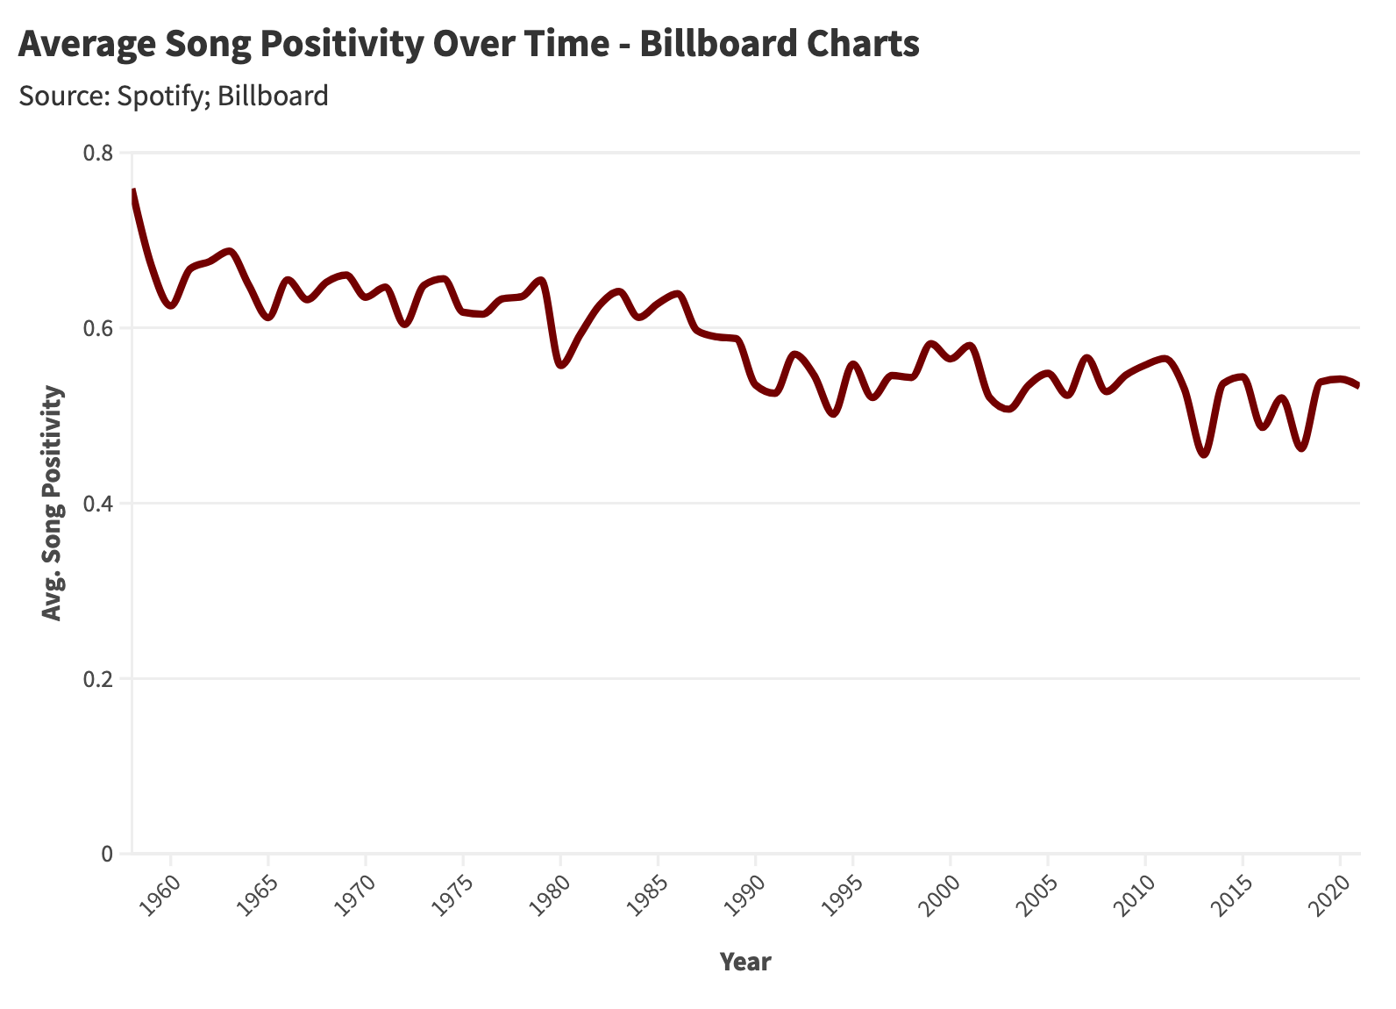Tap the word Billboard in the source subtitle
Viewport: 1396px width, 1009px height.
point(273,96)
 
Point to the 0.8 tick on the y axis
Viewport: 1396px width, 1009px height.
point(98,154)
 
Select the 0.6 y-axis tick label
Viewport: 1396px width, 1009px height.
point(98,329)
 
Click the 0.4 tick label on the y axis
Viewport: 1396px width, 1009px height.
point(98,504)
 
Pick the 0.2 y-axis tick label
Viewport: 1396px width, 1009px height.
point(98,679)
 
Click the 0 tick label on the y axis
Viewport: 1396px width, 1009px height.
point(108,854)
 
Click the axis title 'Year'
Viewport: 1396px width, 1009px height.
point(745,962)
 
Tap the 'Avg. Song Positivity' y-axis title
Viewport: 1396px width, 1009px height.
point(53,504)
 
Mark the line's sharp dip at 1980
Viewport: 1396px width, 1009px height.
point(561,365)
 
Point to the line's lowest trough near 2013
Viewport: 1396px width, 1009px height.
point(1204,454)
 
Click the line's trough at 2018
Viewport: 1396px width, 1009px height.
point(1301,448)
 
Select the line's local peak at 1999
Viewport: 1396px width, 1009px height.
point(931,344)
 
